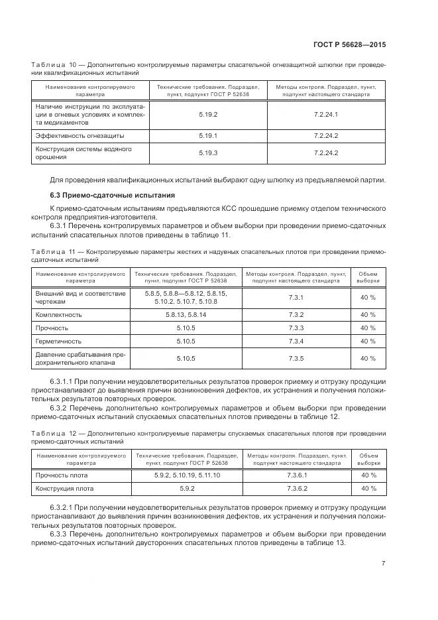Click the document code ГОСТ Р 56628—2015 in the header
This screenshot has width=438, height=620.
point(349,44)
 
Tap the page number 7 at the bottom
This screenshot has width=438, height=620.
point(384,564)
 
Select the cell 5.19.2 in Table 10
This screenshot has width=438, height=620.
point(208,115)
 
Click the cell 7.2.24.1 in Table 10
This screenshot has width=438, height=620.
point(325,115)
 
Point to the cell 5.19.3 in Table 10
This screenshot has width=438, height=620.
point(208,153)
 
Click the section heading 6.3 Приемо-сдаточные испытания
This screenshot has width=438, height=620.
point(112,195)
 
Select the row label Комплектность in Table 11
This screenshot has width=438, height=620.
point(59,314)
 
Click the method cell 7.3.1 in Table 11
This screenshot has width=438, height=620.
point(296,296)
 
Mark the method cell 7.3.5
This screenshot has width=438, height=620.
point(296,359)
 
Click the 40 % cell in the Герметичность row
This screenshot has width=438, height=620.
point(368,341)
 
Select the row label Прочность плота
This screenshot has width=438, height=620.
point(62,475)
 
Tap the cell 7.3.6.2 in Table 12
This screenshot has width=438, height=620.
point(296,489)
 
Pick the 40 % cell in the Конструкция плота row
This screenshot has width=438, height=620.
point(368,489)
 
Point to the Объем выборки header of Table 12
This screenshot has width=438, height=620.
point(368,460)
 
